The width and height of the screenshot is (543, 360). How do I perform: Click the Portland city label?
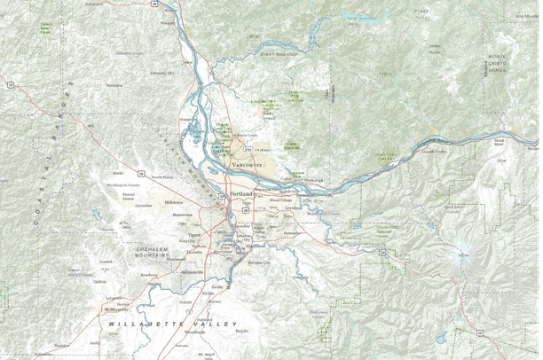[x=240, y=192]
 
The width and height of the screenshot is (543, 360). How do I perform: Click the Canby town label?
[x=218, y=288]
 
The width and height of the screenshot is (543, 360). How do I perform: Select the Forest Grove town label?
[x=129, y=197]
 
